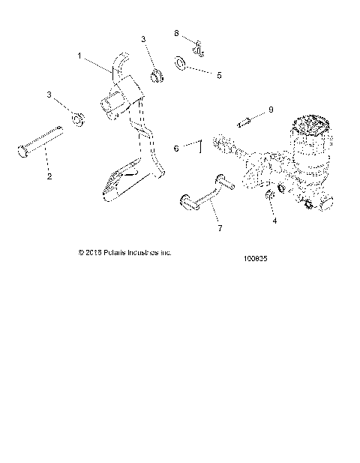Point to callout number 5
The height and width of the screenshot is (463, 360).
click(219, 75)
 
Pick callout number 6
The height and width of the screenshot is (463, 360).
click(177, 149)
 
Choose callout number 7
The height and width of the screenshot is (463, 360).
click(220, 228)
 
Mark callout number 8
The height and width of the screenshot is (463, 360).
click(177, 34)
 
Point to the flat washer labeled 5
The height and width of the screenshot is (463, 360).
click(181, 62)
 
